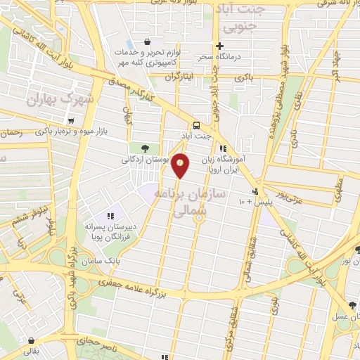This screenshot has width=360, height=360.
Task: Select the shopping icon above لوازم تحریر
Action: (146, 42)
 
